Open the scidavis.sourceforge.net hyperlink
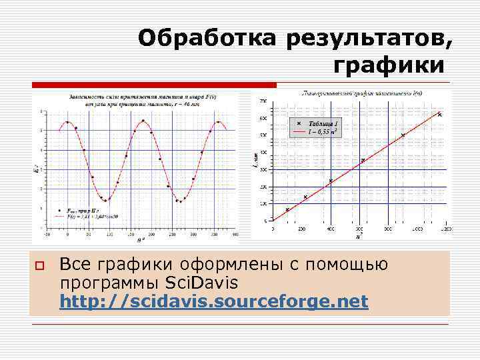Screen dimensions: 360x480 coord(213,302)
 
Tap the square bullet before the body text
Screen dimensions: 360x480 coord(39,266)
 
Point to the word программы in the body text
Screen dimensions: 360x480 coord(107,283)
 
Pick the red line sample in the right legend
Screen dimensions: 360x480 coord(299,132)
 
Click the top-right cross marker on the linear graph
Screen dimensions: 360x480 coord(439,115)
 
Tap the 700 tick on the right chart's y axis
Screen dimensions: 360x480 coord(263,101)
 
